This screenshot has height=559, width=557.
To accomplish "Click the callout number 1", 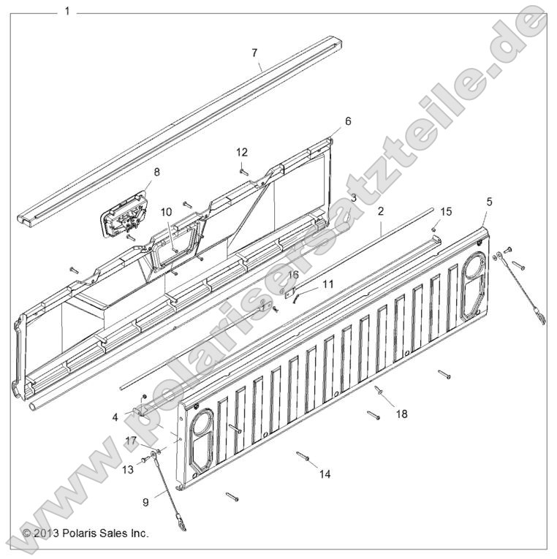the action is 67,12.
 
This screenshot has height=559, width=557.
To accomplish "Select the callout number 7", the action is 254,53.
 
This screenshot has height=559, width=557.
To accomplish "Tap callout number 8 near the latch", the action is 156,172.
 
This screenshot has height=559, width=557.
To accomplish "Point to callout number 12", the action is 242,152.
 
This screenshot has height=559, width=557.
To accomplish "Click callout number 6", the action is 348,121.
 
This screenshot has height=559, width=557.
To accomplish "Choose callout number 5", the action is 489,200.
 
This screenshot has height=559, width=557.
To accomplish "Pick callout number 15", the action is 447,211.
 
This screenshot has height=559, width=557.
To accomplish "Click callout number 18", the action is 401,414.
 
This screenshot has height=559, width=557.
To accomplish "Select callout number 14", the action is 325,474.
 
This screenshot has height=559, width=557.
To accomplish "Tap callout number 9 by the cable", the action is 145,502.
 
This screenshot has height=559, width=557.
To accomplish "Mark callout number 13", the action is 127,470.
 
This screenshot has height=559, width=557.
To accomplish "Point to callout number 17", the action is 130,441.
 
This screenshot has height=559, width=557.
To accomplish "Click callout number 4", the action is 115,417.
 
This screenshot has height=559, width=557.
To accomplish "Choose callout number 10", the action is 166,212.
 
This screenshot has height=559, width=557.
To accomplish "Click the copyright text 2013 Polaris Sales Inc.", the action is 86,533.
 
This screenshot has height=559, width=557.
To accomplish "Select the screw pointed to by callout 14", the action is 303,457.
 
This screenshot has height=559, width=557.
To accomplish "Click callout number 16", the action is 294,274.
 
